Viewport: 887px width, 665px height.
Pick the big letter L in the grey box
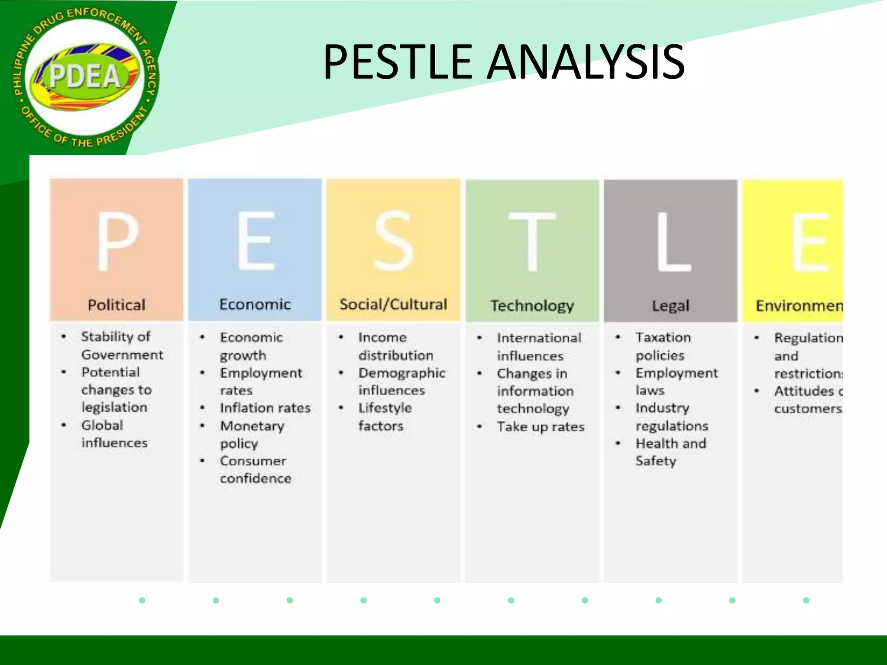click(x=672, y=242)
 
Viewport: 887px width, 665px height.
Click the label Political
click(x=116, y=305)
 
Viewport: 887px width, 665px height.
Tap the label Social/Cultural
click(x=393, y=304)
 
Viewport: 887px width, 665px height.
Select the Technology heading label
click(x=532, y=306)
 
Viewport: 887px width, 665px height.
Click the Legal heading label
click(x=670, y=306)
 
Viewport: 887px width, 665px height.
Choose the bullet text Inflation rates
click(x=265, y=408)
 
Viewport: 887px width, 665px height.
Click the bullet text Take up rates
click(x=541, y=427)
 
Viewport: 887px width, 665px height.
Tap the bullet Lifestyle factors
click(x=385, y=417)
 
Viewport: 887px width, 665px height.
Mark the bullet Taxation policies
click(x=663, y=346)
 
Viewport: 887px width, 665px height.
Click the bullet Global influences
click(x=113, y=434)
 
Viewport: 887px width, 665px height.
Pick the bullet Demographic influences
click(x=401, y=381)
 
